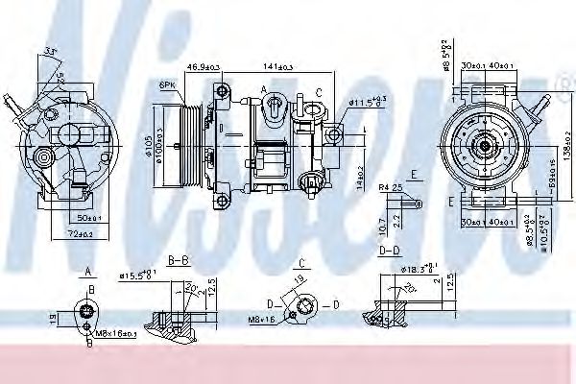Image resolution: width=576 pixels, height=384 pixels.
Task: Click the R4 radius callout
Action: [386, 188]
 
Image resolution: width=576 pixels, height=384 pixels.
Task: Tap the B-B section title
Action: [178, 259]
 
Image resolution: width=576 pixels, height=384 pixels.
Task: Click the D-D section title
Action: [389, 252]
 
